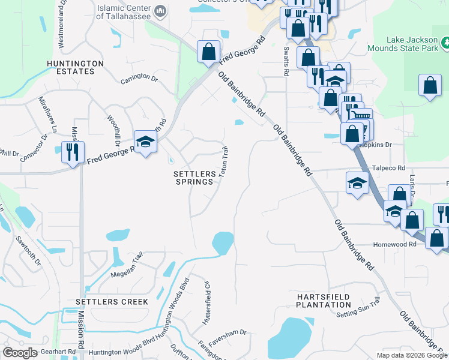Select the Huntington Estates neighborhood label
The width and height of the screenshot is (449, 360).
click(x=71, y=67)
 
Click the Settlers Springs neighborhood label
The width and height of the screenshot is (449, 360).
click(x=193, y=178)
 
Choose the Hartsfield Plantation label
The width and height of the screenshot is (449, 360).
click(x=323, y=301)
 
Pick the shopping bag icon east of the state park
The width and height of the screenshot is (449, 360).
click(x=430, y=86)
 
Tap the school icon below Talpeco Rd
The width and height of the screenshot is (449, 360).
click(x=357, y=182)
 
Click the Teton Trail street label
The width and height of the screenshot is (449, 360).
click(x=223, y=162)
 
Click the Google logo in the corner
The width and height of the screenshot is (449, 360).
click(x=20, y=353)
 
